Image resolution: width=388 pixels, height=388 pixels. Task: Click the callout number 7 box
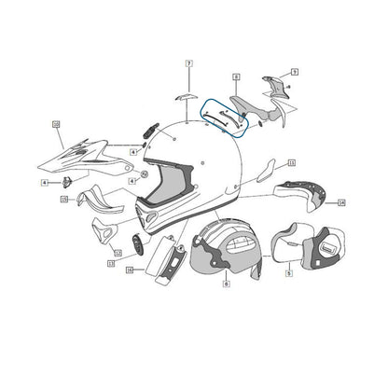[187, 63]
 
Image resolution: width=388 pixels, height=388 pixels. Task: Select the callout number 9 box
[294, 71]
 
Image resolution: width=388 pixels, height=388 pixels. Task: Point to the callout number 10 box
[55, 124]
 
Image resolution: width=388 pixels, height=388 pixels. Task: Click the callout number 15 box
[64, 200]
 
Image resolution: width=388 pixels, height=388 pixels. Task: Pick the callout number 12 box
[118, 252]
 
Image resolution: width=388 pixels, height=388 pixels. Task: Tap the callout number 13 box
[110, 264]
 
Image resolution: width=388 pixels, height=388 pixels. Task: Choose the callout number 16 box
[130, 271]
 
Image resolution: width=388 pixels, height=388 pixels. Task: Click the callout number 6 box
[226, 287]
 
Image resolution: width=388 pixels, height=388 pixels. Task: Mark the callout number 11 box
[291, 164]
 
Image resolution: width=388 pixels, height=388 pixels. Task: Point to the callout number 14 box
[341, 201]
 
